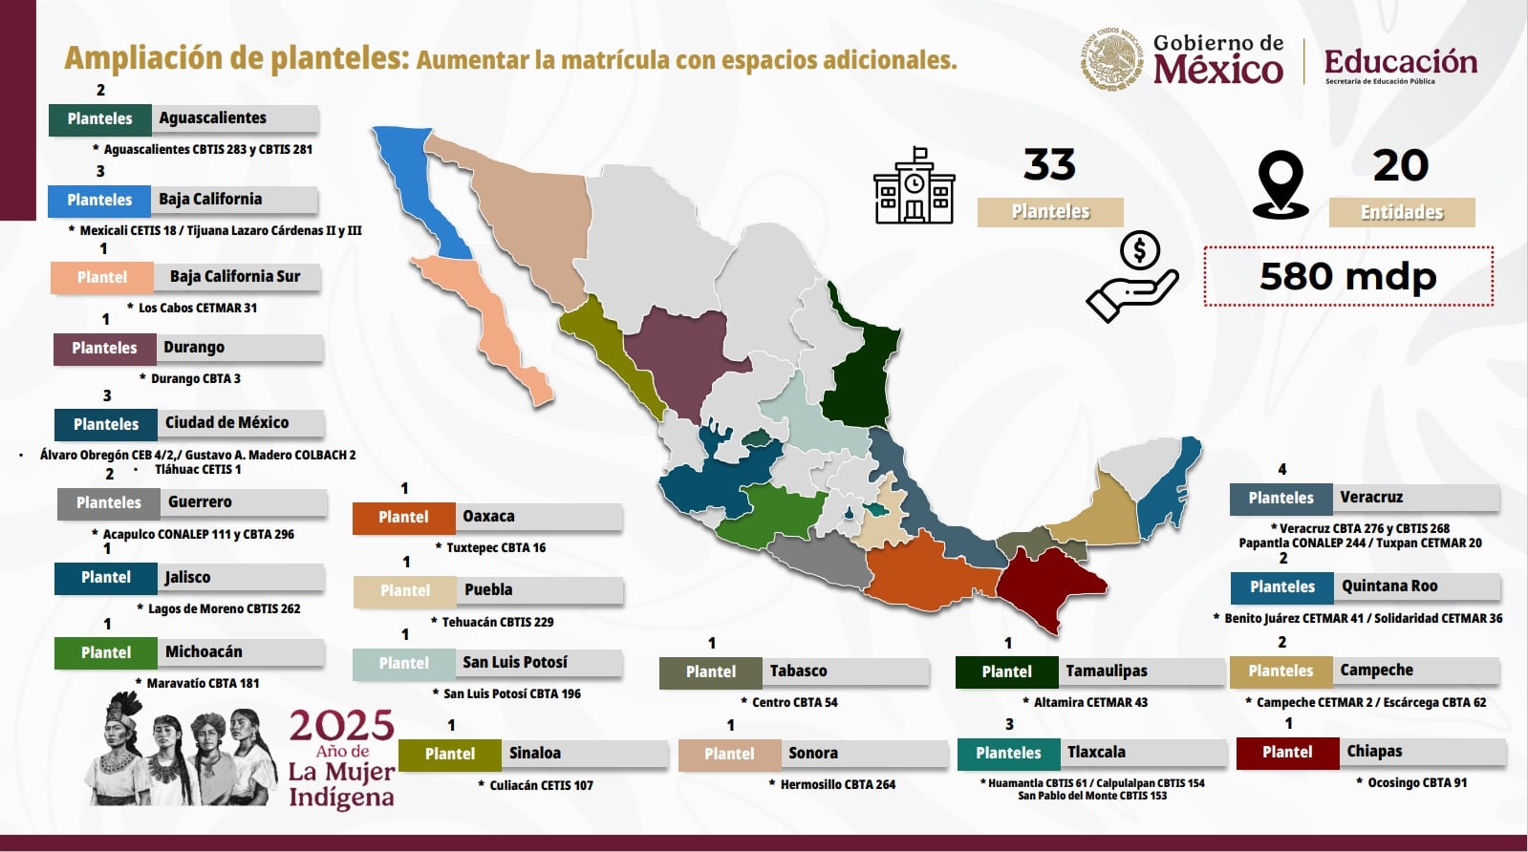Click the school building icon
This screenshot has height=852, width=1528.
point(914,186)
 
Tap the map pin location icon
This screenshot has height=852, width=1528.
point(1280,184)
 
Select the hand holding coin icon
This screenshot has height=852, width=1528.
point(1133,277)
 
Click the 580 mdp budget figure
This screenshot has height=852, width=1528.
point(1347,277)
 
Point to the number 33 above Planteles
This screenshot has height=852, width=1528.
point(1049,165)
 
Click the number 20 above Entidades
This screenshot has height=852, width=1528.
point(1400,166)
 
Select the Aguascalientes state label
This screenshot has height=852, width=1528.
point(213,118)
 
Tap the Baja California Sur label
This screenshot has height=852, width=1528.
point(235,277)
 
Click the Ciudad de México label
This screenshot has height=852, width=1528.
point(226,423)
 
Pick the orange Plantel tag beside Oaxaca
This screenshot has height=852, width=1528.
point(403,517)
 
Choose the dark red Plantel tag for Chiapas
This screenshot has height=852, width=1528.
point(1287,753)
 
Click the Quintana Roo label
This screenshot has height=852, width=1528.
point(1389,586)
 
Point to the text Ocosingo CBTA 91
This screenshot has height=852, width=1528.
point(1416,782)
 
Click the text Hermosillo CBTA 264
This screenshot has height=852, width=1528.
point(837,784)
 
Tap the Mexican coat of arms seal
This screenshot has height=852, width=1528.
point(1111,59)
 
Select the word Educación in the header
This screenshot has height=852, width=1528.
point(1400,62)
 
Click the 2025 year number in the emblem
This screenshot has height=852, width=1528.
point(341,727)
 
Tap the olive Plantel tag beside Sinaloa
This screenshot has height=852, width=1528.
point(449,754)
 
